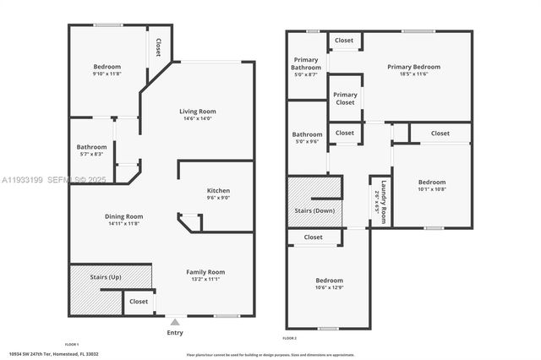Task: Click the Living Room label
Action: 197,112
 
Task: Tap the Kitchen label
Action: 218,191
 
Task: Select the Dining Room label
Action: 123,216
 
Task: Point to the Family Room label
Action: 205,271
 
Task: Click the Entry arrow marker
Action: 175,322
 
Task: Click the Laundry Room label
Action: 384,203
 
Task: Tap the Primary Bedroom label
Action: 413,67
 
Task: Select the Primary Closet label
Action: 345,98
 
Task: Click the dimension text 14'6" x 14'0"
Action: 197,118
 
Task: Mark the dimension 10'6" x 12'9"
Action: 330,287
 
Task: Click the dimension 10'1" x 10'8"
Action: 431,188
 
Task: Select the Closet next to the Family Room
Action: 139,301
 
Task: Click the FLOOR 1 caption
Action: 72,345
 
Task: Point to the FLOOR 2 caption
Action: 290,338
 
